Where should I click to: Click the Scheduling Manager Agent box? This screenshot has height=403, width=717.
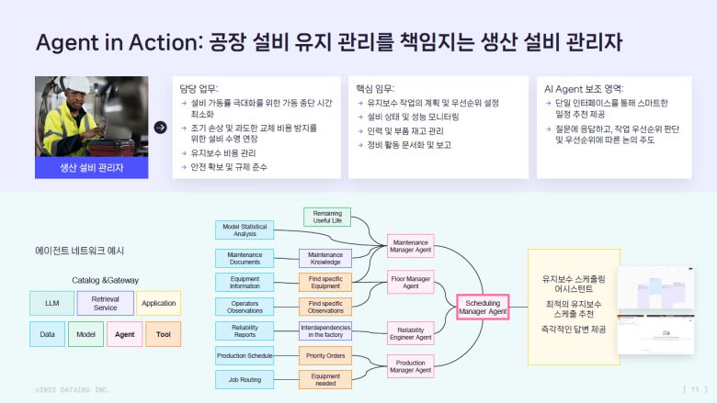[484, 307]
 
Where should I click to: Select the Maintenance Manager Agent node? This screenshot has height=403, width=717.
[410, 246]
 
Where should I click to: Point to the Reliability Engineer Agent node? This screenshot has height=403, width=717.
[410, 332]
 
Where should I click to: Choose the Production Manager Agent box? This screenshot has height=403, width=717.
[410, 367]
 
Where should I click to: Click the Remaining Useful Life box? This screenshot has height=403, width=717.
[327, 217]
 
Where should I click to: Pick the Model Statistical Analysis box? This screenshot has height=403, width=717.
[245, 229]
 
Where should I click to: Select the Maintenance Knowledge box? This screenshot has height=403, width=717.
[325, 259]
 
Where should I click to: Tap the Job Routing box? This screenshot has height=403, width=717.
[245, 378]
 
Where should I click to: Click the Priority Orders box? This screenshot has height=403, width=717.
[325, 354]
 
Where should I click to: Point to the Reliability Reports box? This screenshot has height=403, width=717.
[245, 330]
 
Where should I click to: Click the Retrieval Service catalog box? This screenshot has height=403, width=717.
[106, 303]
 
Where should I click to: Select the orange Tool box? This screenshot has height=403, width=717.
[163, 334]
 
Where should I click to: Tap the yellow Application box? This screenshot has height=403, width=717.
[159, 303]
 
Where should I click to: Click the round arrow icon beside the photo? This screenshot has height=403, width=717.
[161, 128]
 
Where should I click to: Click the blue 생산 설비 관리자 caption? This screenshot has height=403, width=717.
[92, 168]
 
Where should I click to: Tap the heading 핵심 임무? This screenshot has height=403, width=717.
[374, 89]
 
